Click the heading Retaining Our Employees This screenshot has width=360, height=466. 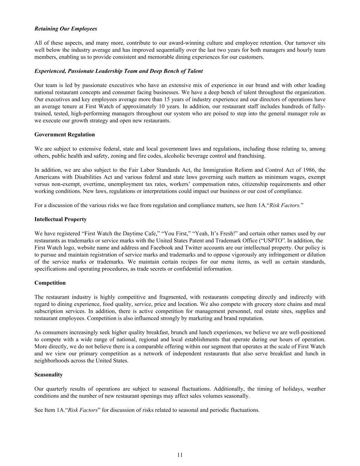pos(66,29)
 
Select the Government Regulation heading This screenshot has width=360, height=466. pos(64,135)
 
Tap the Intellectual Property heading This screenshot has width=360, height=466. pos(60,219)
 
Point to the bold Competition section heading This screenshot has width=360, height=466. pos(50,283)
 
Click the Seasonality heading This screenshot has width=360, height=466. pos(48,375)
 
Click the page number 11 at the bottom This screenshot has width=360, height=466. pos(180,455)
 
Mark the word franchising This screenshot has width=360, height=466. pos(253,156)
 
